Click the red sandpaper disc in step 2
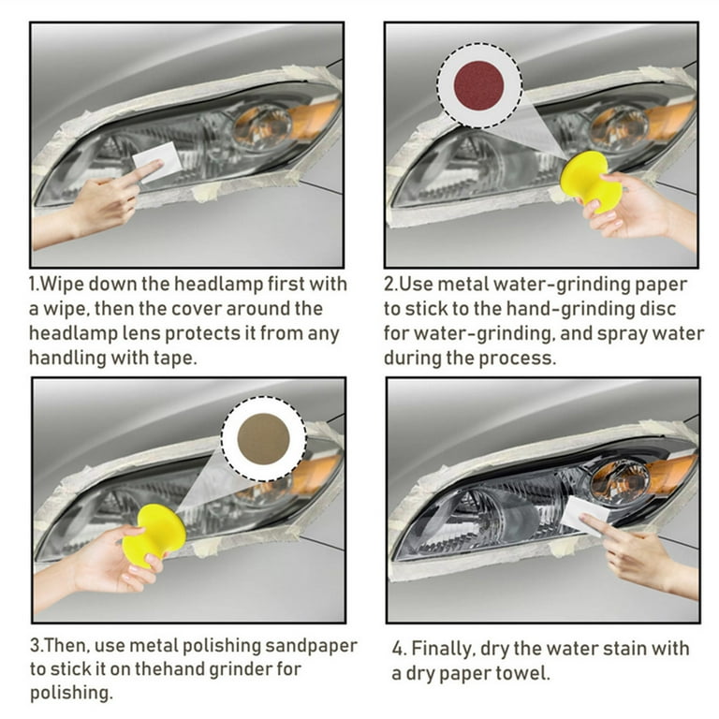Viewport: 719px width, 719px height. point(478,86)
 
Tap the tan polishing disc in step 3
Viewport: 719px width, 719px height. point(263,438)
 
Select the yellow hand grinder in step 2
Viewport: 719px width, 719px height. point(592,182)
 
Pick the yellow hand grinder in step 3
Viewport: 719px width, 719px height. point(154,536)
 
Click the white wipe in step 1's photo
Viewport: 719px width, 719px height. point(157,162)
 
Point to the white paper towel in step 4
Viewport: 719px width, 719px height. point(584,517)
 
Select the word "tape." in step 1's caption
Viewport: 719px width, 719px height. point(175,358)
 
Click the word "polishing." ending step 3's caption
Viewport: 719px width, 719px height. point(71,693)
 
